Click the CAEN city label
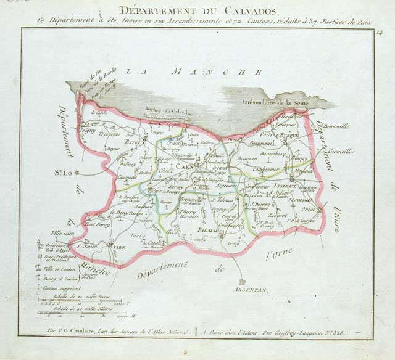(x=184, y=166)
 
